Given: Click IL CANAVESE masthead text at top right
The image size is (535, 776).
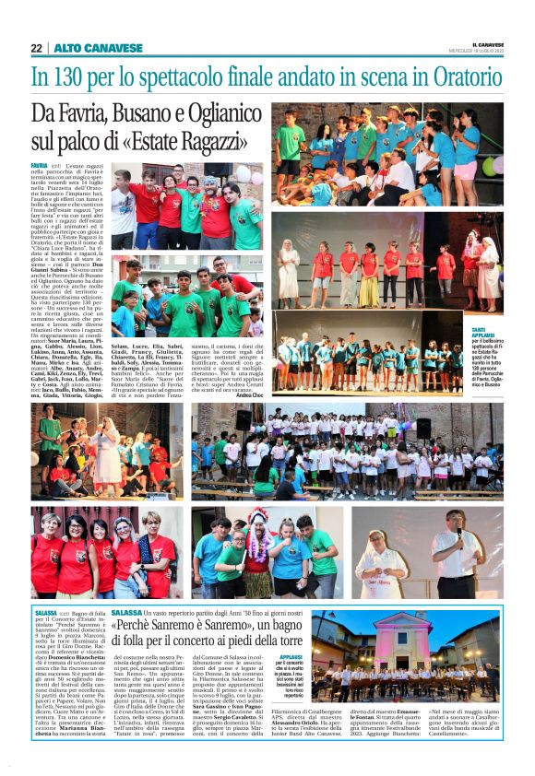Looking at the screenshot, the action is coord(488,43).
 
